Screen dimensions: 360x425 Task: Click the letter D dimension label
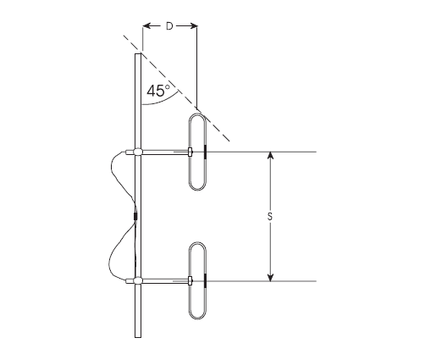click(x=169, y=26)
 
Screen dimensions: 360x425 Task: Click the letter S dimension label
click(x=269, y=217)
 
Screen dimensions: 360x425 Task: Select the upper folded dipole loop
click(x=196, y=152)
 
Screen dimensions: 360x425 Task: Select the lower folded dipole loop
click(x=196, y=280)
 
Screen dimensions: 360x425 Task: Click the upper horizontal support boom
click(x=165, y=153)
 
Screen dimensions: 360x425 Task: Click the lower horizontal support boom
click(x=165, y=281)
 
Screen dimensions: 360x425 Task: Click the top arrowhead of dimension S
click(x=270, y=157)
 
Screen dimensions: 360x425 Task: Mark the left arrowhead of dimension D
click(x=146, y=26)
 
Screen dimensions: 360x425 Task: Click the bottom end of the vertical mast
click(x=136, y=335)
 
